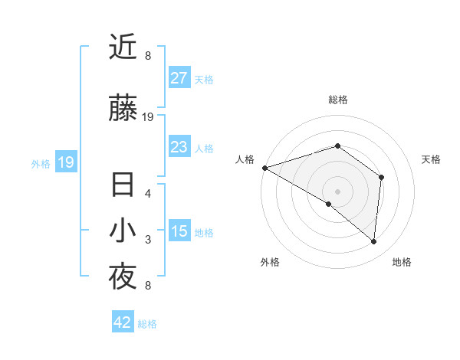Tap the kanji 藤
click(123, 109)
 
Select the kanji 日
click(123, 186)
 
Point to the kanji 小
click(123, 232)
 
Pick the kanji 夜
click(123, 277)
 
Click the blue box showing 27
click(179, 78)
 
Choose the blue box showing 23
click(179, 147)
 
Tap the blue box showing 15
click(179, 231)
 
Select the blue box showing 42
click(122, 322)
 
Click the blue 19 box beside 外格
click(65, 162)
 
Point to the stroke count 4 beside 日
click(148, 193)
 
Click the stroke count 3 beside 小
click(148, 240)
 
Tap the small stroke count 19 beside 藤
click(148, 116)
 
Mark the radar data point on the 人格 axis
click(264, 168)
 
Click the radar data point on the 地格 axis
click(374, 242)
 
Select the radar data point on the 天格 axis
click(381, 177)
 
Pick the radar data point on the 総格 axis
click(337, 146)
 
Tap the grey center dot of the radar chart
click(337, 191)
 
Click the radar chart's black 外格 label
click(270, 262)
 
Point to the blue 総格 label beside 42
click(147, 324)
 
